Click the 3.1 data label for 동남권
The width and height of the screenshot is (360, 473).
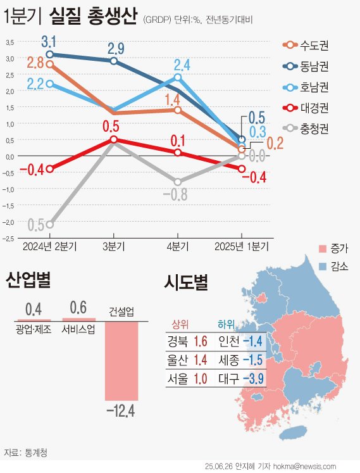point(49,42)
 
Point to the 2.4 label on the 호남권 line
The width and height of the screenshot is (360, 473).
point(182,64)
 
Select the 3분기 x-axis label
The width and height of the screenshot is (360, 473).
point(113,246)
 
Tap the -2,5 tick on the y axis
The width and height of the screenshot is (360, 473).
point(9,238)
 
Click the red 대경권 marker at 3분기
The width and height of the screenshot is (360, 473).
point(113,139)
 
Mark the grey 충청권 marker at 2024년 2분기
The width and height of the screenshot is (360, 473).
point(50,224)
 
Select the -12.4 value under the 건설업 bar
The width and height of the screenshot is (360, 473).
point(121,412)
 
